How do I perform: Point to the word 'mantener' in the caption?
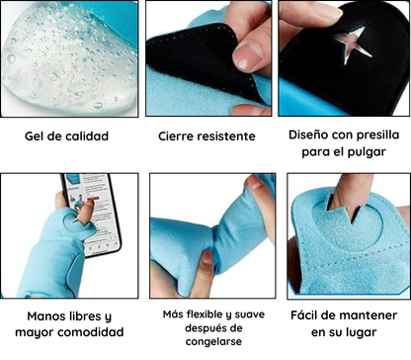[353, 316]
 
